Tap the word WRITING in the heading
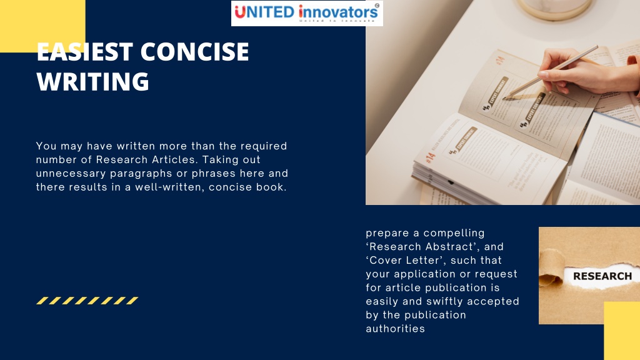pyautogui.click(x=92, y=82)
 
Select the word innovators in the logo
pyautogui.click(x=338, y=11)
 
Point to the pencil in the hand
pyautogui.click(x=550, y=72)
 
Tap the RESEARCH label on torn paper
pyautogui.click(x=602, y=276)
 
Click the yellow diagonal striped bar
pyautogui.click(x=87, y=301)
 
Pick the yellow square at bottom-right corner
pyautogui.click(x=621, y=331)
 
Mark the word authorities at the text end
pyautogui.click(x=395, y=329)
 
